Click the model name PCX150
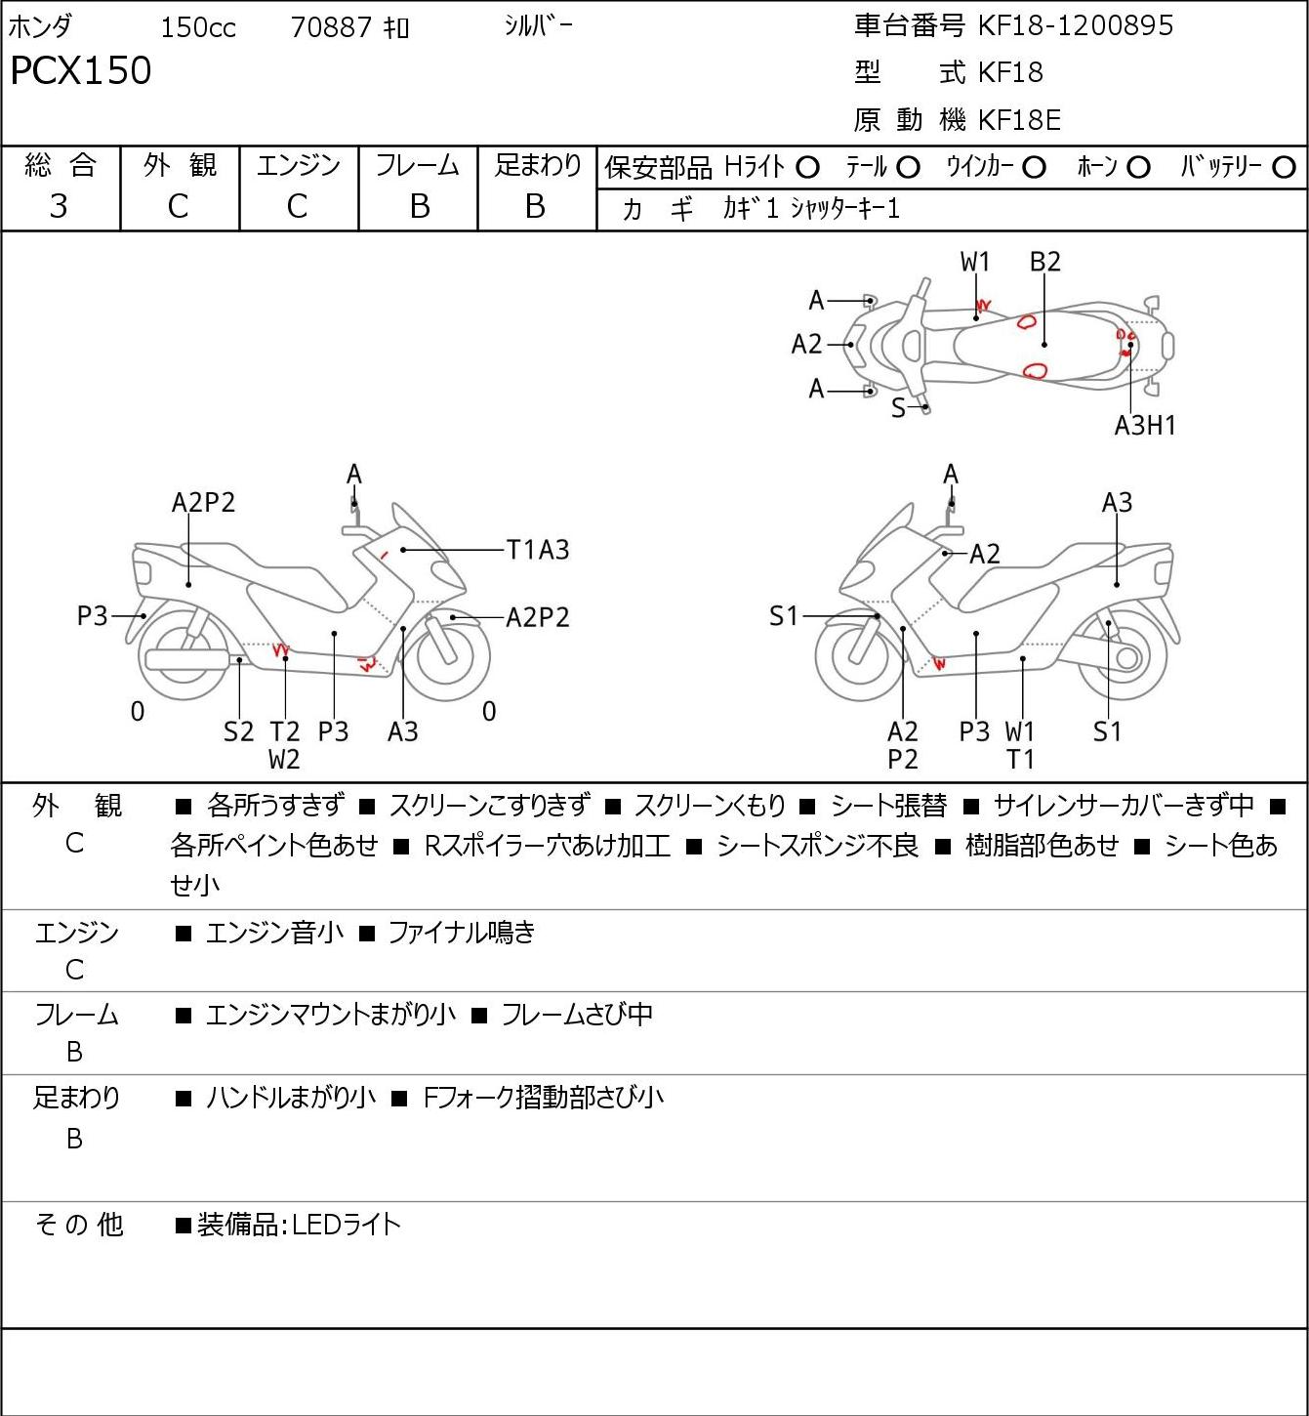[81, 70]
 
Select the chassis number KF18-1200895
[1075, 25]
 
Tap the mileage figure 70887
[331, 27]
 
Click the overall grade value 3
[59, 206]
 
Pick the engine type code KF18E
[1019, 120]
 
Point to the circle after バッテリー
[1284, 168]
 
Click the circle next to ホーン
[1138, 168]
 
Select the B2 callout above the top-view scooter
[1045, 262]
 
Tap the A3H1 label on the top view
[1144, 426]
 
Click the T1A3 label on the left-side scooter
[538, 550]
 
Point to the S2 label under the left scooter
[238, 731]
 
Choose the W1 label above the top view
[974, 262]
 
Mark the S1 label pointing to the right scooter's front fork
[784, 615]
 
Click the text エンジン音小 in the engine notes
[274, 933]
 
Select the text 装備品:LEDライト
[299, 1225]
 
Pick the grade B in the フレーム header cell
[419, 206]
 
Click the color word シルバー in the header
[538, 26]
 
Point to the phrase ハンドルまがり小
[290, 1098]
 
